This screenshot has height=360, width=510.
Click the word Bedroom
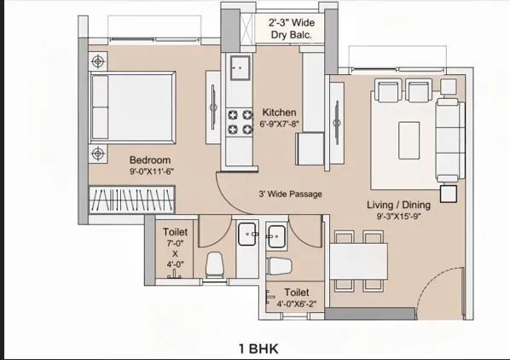click(150, 160)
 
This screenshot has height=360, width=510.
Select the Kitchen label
click(279, 112)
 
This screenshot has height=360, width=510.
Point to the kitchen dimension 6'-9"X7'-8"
click(279, 125)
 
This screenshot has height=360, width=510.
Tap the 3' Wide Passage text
click(290, 194)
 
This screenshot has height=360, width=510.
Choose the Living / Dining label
click(398, 205)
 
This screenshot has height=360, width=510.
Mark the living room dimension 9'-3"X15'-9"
click(398, 218)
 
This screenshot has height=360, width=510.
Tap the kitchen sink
click(238, 65)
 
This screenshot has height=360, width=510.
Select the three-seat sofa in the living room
click(448, 136)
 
